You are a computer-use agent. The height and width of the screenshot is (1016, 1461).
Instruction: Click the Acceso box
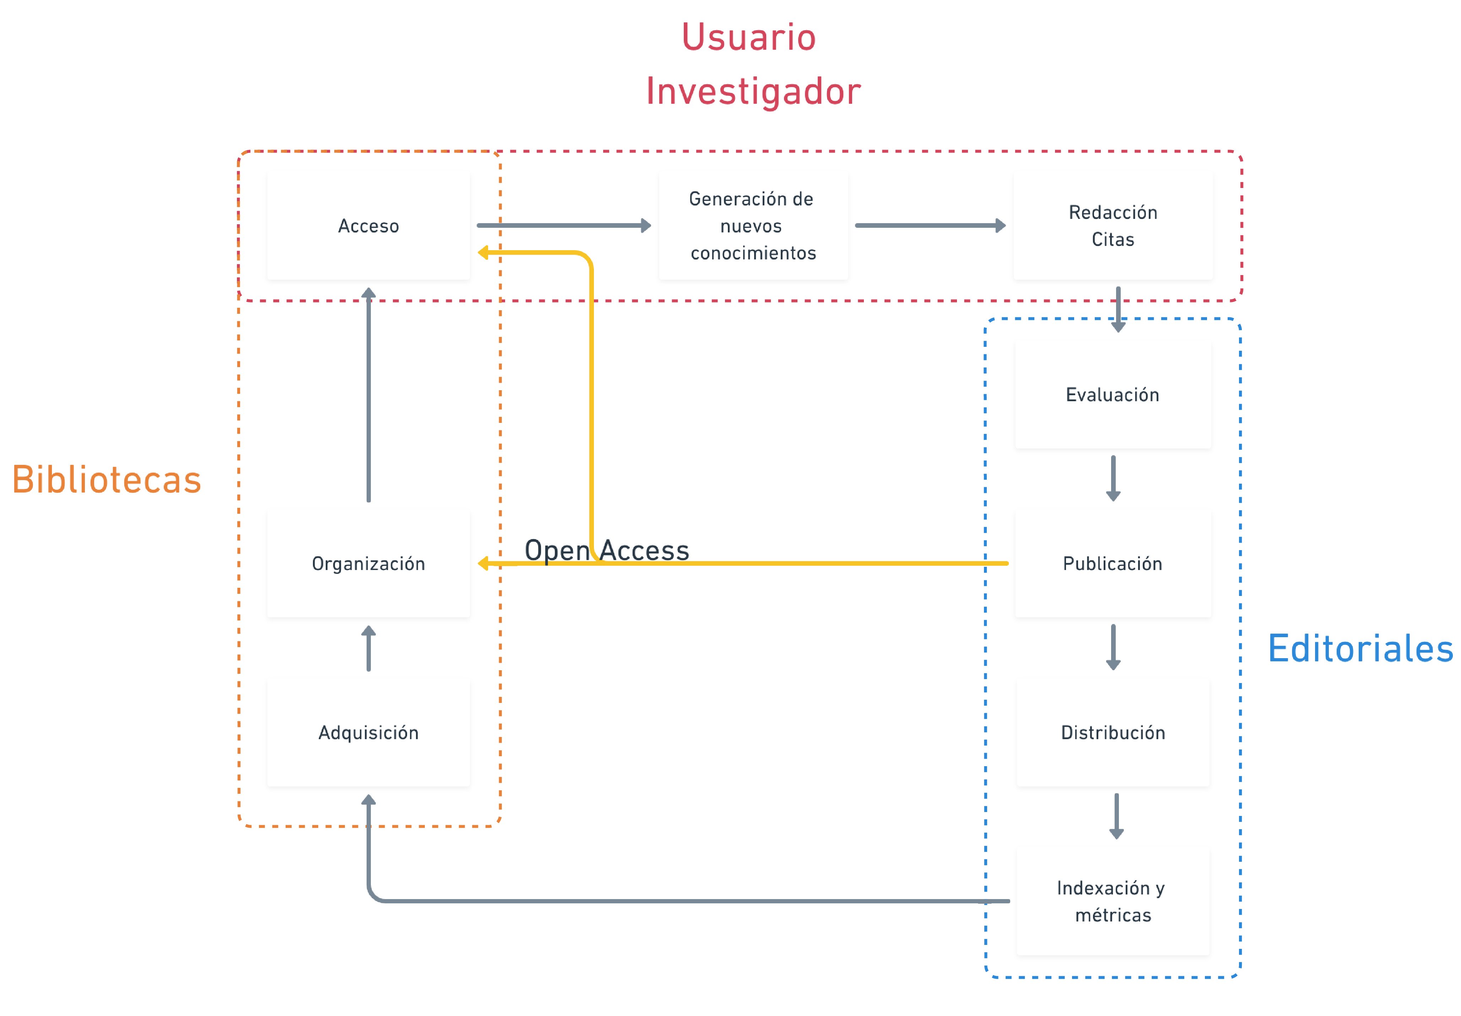click(368, 226)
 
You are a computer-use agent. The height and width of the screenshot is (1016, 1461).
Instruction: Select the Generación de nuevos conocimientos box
click(753, 226)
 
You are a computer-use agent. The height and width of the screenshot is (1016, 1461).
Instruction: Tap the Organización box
click(368, 563)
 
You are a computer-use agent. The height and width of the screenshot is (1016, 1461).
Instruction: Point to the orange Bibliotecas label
click(107, 479)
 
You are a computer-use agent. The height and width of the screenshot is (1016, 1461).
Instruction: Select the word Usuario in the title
click(748, 37)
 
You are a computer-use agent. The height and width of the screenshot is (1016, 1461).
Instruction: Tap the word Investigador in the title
click(753, 91)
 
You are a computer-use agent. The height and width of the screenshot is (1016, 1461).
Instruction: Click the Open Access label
click(606, 550)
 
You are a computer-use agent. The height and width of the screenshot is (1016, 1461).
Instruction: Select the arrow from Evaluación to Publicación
click(1113, 478)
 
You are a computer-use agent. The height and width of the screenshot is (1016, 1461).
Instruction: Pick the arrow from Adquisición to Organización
click(368, 648)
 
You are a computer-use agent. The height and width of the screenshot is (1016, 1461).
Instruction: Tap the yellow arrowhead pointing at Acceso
click(483, 253)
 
